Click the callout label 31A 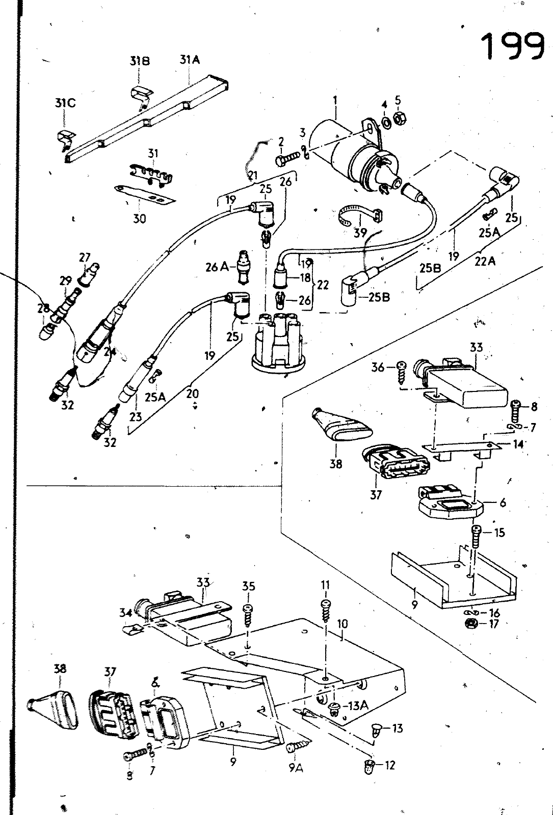[x=189, y=60]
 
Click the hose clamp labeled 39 [x=355, y=216]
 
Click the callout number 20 [x=192, y=393]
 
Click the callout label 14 [x=518, y=444]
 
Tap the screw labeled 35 [x=248, y=616]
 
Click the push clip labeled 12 [x=370, y=765]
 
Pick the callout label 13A [x=356, y=706]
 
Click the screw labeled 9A [x=295, y=748]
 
